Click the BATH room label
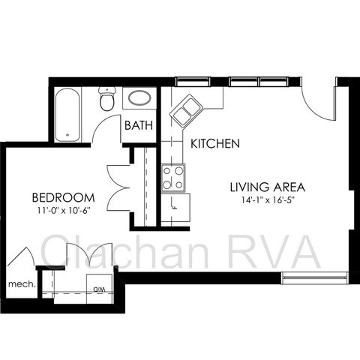coord(139,125)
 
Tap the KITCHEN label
coord(215,143)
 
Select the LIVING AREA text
coord(268,187)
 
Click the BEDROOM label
coord(64,197)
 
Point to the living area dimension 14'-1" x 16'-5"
coord(267,200)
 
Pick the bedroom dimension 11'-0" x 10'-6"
coord(64,211)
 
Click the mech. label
coord(22,284)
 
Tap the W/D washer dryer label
coord(99,289)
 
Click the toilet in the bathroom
coord(107,99)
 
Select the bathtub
coord(67,114)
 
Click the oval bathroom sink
coord(139,97)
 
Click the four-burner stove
coord(173,178)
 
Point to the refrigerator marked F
coord(175,207)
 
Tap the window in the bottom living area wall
coord(315,278)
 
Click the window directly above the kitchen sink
coord(193,82)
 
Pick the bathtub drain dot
coord(67,135)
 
